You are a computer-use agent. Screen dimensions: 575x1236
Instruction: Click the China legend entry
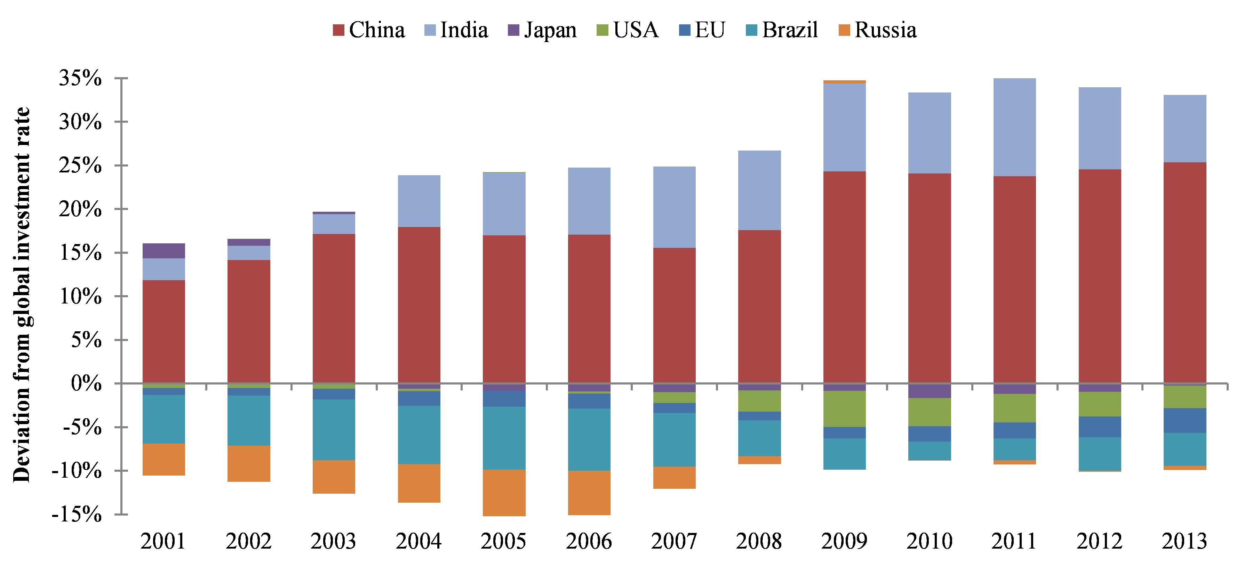(x=369, y=30)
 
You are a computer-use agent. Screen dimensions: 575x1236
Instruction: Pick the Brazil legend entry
(x=782, y=30)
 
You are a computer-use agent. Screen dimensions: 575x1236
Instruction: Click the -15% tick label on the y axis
(x=77, y=515)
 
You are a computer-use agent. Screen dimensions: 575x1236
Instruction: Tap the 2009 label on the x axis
(x=845, y=541)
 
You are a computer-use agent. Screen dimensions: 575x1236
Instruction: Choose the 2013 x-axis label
(x=1185, y=541)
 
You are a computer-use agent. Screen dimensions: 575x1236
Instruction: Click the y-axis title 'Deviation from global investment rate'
(x=22, y=294)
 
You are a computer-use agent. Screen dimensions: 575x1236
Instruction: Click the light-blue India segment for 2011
(x=1014, y=127)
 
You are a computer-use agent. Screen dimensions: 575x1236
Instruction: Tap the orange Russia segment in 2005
(x=504, y=493)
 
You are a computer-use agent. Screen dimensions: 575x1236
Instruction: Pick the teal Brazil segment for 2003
(x=334, y=430)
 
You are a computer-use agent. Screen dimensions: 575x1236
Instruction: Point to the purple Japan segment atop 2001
(x=164, y=251)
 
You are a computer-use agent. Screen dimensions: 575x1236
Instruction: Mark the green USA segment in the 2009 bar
(x=845, y=408)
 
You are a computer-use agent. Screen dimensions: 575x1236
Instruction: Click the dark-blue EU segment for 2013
(x=1185, y=421)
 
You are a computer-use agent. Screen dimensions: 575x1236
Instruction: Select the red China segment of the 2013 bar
(x=1185, y=273)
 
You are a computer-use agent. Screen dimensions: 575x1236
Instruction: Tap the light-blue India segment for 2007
(x=674, y=207)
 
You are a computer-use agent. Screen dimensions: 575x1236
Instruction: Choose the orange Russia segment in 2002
(x=248, y=464)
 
